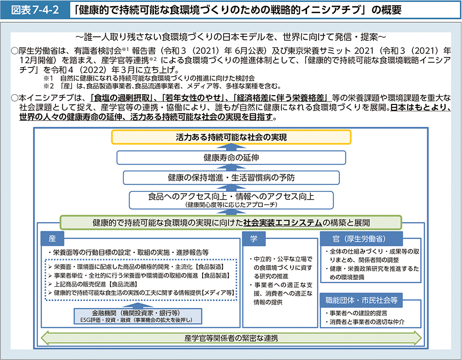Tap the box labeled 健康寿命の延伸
[x=231, y=157]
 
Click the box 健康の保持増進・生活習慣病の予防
[x=231, y=177]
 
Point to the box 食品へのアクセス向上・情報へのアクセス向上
[x=231, y=199]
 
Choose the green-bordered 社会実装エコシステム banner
[x=231, y=223]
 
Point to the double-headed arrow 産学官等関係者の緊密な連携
[x=231, y=338]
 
